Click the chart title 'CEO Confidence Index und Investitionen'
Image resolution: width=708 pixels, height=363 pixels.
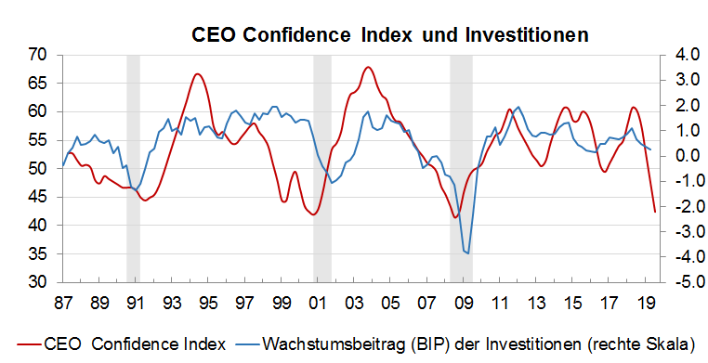point(390,35)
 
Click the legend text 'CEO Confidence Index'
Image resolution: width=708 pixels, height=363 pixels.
point(135,344)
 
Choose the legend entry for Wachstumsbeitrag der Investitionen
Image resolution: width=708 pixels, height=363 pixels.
point(437,344)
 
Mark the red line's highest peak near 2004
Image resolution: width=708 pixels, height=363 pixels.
point(368,67)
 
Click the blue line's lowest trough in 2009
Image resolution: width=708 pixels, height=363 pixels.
point(468,253)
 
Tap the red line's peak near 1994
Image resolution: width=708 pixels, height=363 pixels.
point(197,74)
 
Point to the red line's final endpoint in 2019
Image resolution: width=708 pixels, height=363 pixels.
point(655,212)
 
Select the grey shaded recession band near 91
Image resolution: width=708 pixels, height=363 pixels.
point(133,167)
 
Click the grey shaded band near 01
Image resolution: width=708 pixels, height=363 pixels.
point(322,167)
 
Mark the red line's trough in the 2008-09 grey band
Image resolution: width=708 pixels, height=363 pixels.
point(455,217)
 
